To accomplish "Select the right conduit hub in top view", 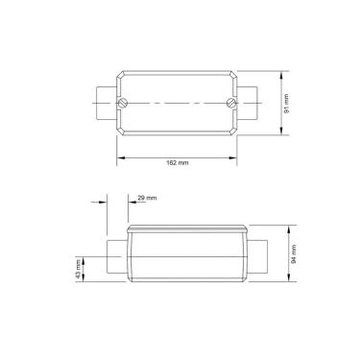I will (252, 101).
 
